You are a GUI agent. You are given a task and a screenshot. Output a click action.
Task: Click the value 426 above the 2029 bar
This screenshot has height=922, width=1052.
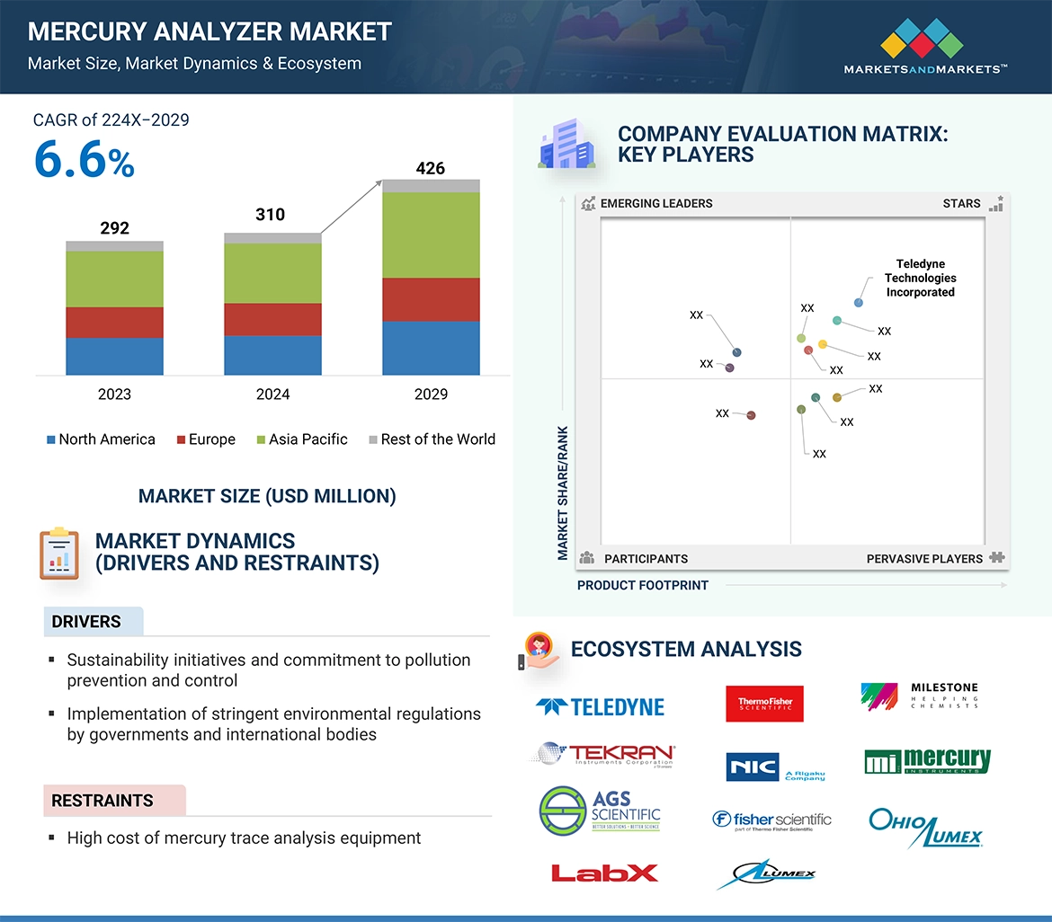[x=430, y=168]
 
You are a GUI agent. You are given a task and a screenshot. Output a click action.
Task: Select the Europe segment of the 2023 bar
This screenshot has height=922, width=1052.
[x=114, y=323]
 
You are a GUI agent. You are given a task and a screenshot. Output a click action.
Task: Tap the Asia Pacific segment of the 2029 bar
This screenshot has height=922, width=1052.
[x=431, y=235]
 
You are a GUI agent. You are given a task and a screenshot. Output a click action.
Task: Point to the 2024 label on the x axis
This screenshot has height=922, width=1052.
[x=272, y=395]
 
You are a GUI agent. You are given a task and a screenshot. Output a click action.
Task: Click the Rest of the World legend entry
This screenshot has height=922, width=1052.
[x=432, y=439]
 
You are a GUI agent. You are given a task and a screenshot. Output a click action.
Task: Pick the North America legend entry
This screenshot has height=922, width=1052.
[x=101, y=439]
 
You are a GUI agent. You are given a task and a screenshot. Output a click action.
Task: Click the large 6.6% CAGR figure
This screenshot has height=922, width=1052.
[x=84, y=162]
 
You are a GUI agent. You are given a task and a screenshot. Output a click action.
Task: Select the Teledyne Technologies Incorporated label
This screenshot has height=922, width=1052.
[x=920, y=279]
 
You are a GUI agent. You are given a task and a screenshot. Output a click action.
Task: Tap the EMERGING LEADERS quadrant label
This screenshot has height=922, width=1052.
[x=655, y=204]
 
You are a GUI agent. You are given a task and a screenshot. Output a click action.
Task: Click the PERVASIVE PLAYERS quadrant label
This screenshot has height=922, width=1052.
[x=924, y=559]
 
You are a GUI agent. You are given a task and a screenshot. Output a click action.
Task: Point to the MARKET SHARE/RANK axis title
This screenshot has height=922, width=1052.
[x=564, y=492]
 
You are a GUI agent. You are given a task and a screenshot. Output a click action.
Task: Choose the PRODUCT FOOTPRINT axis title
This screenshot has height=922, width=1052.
[x=643, y=585]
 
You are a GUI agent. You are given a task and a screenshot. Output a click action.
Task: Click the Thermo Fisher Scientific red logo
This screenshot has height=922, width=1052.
[x=764, y=704]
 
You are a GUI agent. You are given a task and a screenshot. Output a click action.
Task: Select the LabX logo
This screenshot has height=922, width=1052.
[x=603, y=873]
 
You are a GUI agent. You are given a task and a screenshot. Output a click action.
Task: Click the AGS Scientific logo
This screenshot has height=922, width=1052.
[x=600, y=810]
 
